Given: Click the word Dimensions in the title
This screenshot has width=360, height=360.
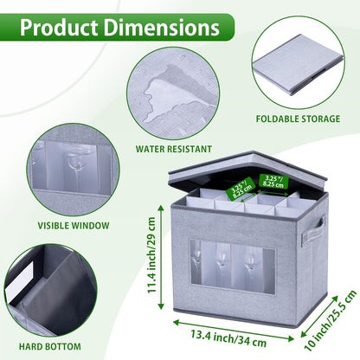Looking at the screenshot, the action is coord(162,28).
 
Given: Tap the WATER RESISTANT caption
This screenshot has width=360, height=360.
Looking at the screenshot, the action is coord(174,149).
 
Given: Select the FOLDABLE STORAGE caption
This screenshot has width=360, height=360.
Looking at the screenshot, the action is coord(298,119).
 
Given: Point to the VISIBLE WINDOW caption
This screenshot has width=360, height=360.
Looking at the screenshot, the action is coord(74,225).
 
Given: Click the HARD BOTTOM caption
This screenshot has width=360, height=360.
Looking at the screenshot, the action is coord(50,346).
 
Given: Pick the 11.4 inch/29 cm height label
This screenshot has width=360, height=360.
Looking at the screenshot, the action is coord(151,255).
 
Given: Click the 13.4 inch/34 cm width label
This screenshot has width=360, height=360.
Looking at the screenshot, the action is coord(228,338).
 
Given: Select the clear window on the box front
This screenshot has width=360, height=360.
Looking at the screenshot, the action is coord(232,264).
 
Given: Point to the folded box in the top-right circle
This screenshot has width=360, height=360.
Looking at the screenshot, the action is coord(298,66).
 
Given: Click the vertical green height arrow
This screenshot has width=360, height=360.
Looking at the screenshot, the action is coord(161,257).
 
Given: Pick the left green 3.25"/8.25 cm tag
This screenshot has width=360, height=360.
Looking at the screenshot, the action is coord(241,189).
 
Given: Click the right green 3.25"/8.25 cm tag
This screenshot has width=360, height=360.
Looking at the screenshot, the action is coord(273,182).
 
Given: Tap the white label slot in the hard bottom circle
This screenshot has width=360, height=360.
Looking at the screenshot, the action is coord(23,280).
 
